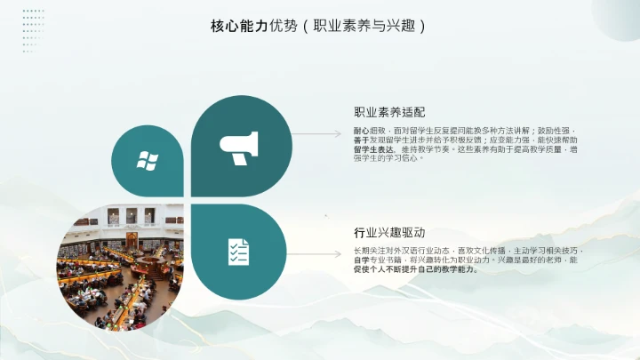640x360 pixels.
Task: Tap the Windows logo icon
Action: (x=147, y=161)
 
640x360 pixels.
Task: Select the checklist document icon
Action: (x=238, y=252)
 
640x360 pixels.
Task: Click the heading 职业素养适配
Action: (x=389, y=113)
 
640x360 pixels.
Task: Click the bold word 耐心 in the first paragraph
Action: (x=361, y=130)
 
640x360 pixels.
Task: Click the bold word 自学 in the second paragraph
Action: (x=361, y=260)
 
